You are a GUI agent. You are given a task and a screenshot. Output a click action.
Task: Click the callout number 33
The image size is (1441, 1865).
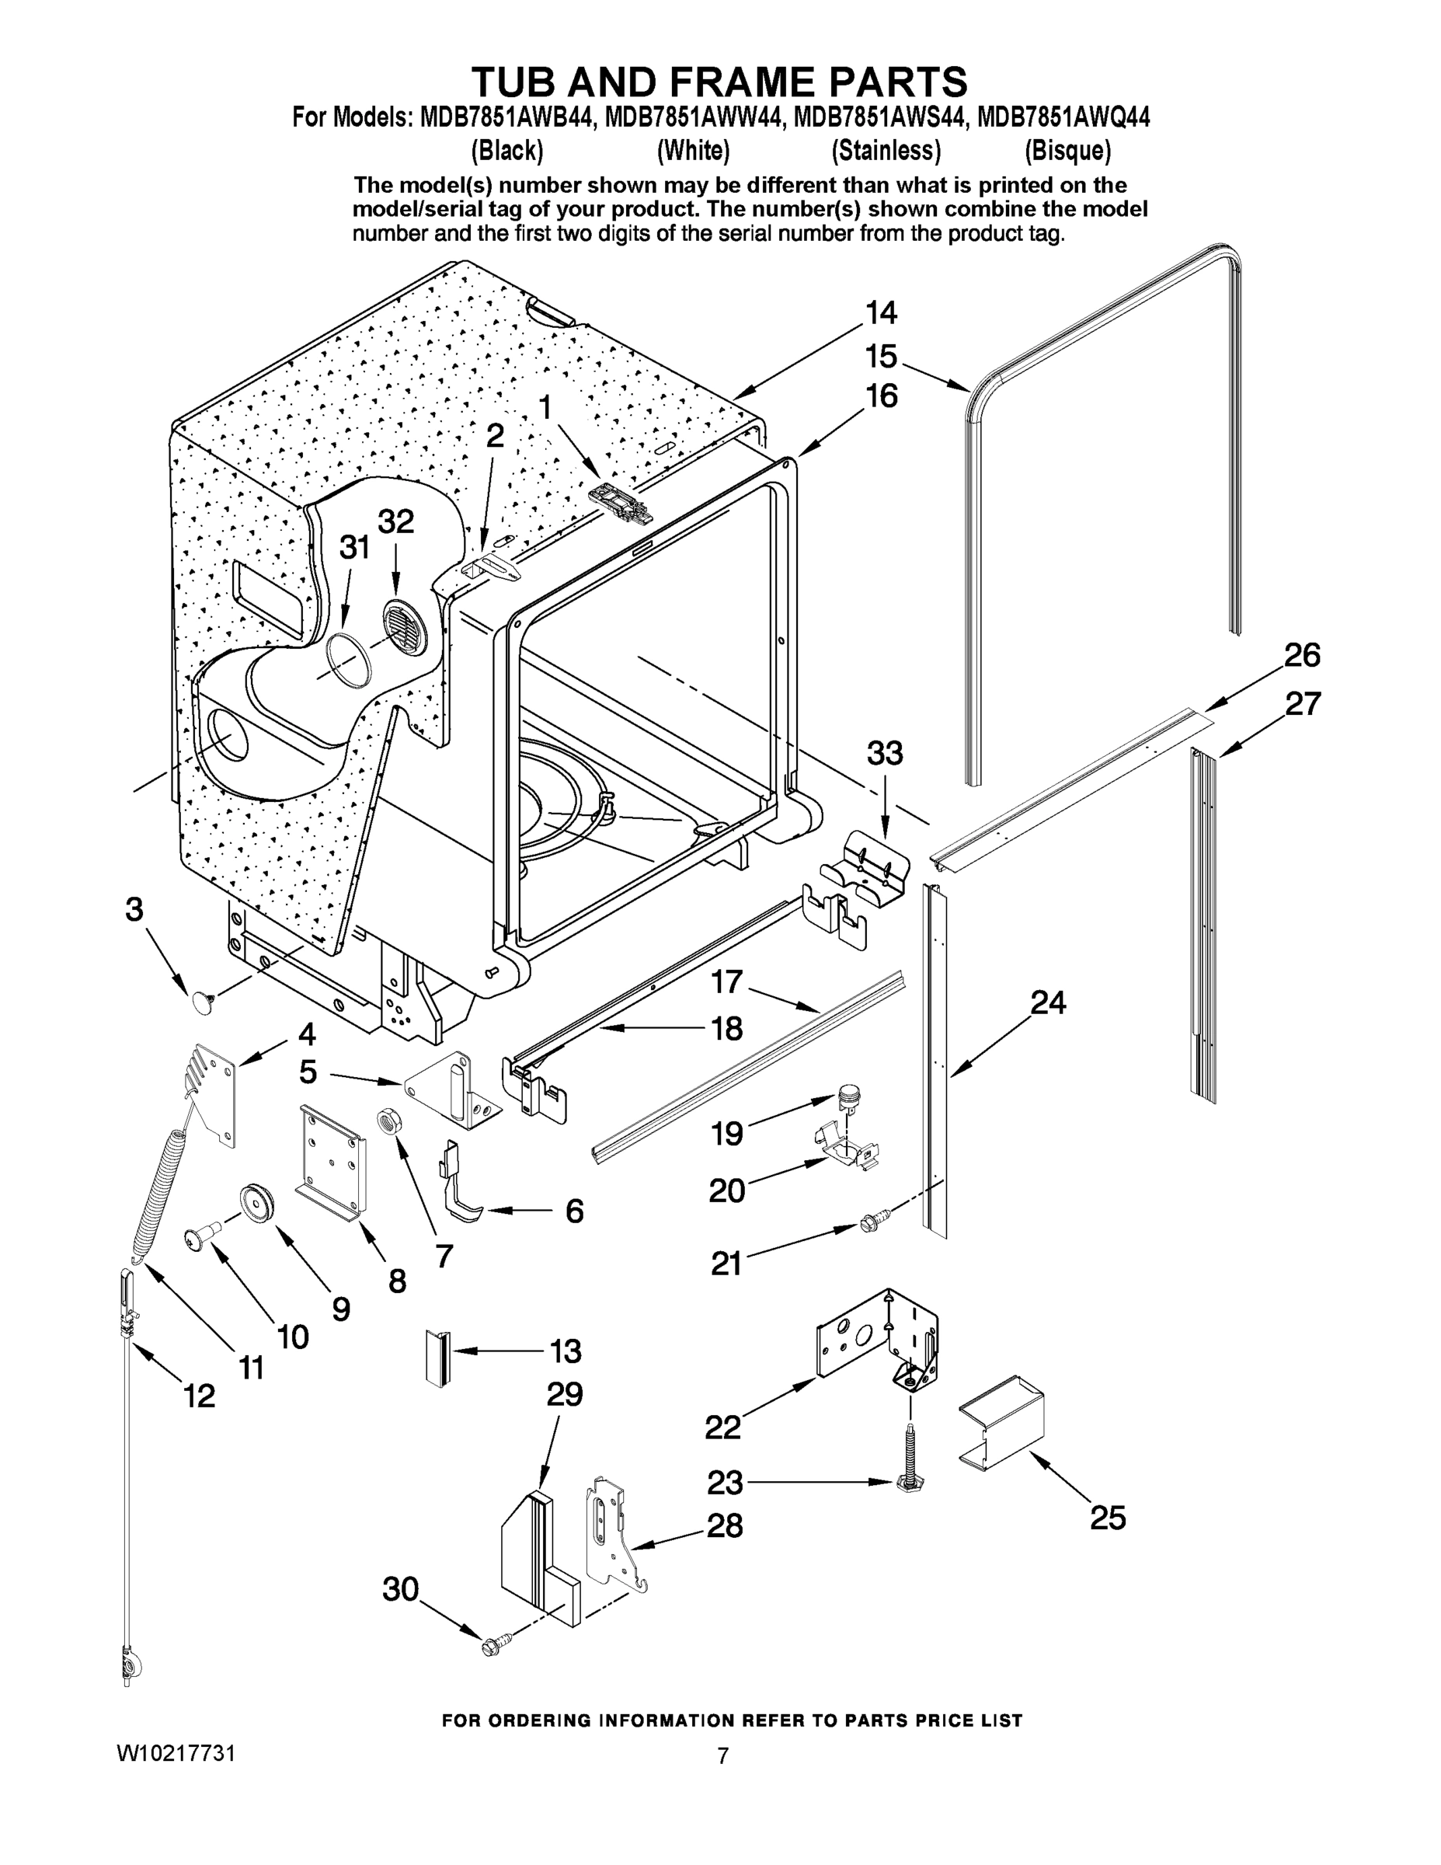tap(884, 754)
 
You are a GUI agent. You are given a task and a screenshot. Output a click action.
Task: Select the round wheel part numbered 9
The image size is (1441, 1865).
tap(256, 1203)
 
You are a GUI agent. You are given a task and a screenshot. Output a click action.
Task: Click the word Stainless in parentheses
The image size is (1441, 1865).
tap(886, 152)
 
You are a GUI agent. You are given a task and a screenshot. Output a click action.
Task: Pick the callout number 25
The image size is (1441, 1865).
tap(1107, 1518)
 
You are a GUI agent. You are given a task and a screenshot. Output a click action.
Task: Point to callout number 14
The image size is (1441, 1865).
tap(881, 313)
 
